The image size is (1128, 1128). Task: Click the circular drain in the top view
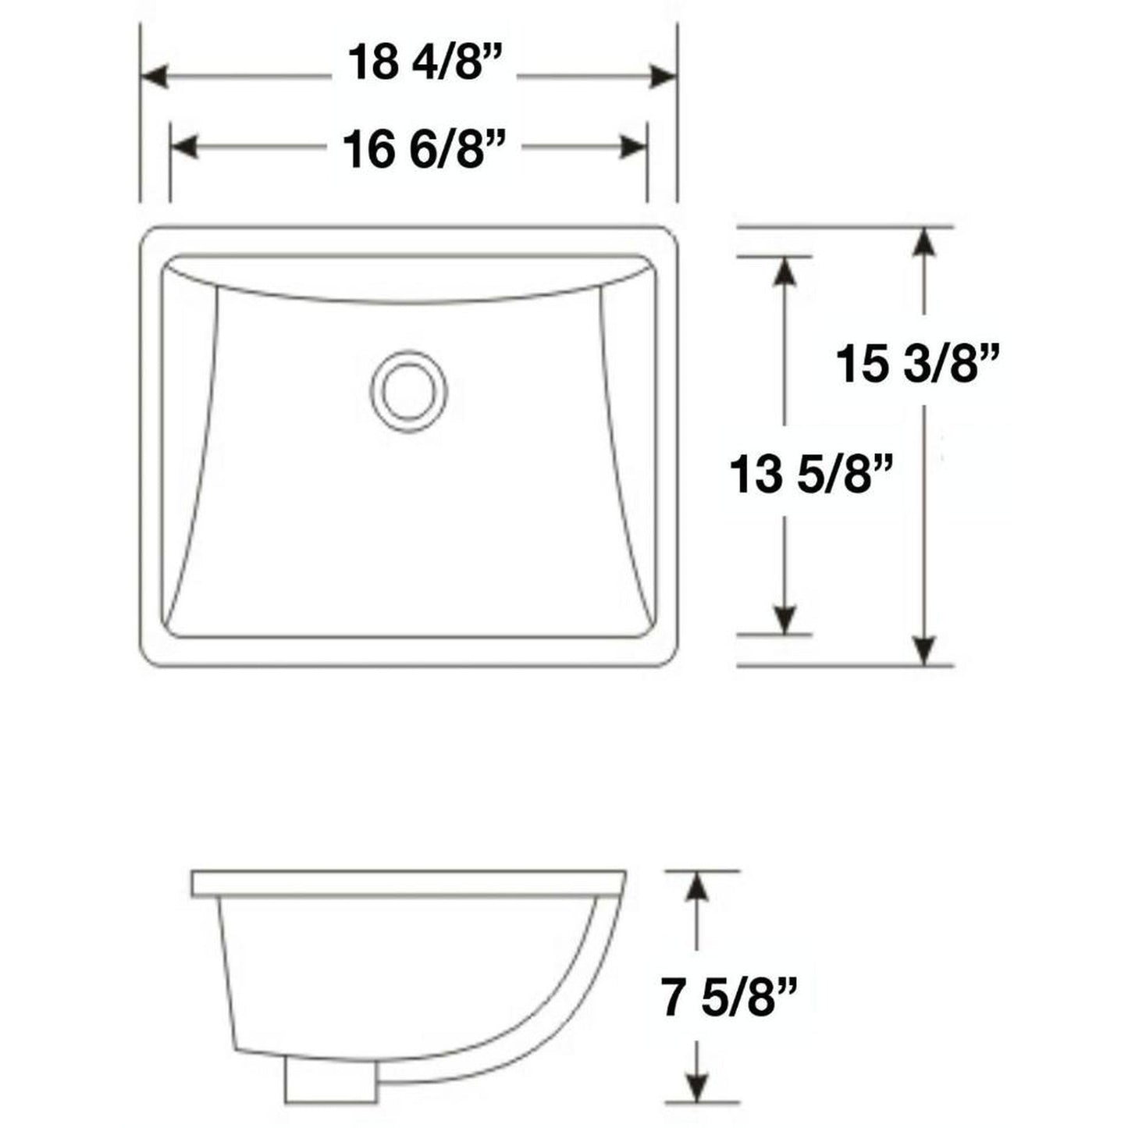coord(409,390)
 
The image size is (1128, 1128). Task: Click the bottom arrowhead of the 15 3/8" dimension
coord(924,651)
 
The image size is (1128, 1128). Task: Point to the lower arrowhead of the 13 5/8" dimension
coord(785,621)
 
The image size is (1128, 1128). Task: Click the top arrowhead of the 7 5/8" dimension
coord(697,886)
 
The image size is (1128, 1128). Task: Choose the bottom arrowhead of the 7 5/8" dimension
coord(697,1087)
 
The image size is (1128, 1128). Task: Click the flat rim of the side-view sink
coord(406,883)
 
